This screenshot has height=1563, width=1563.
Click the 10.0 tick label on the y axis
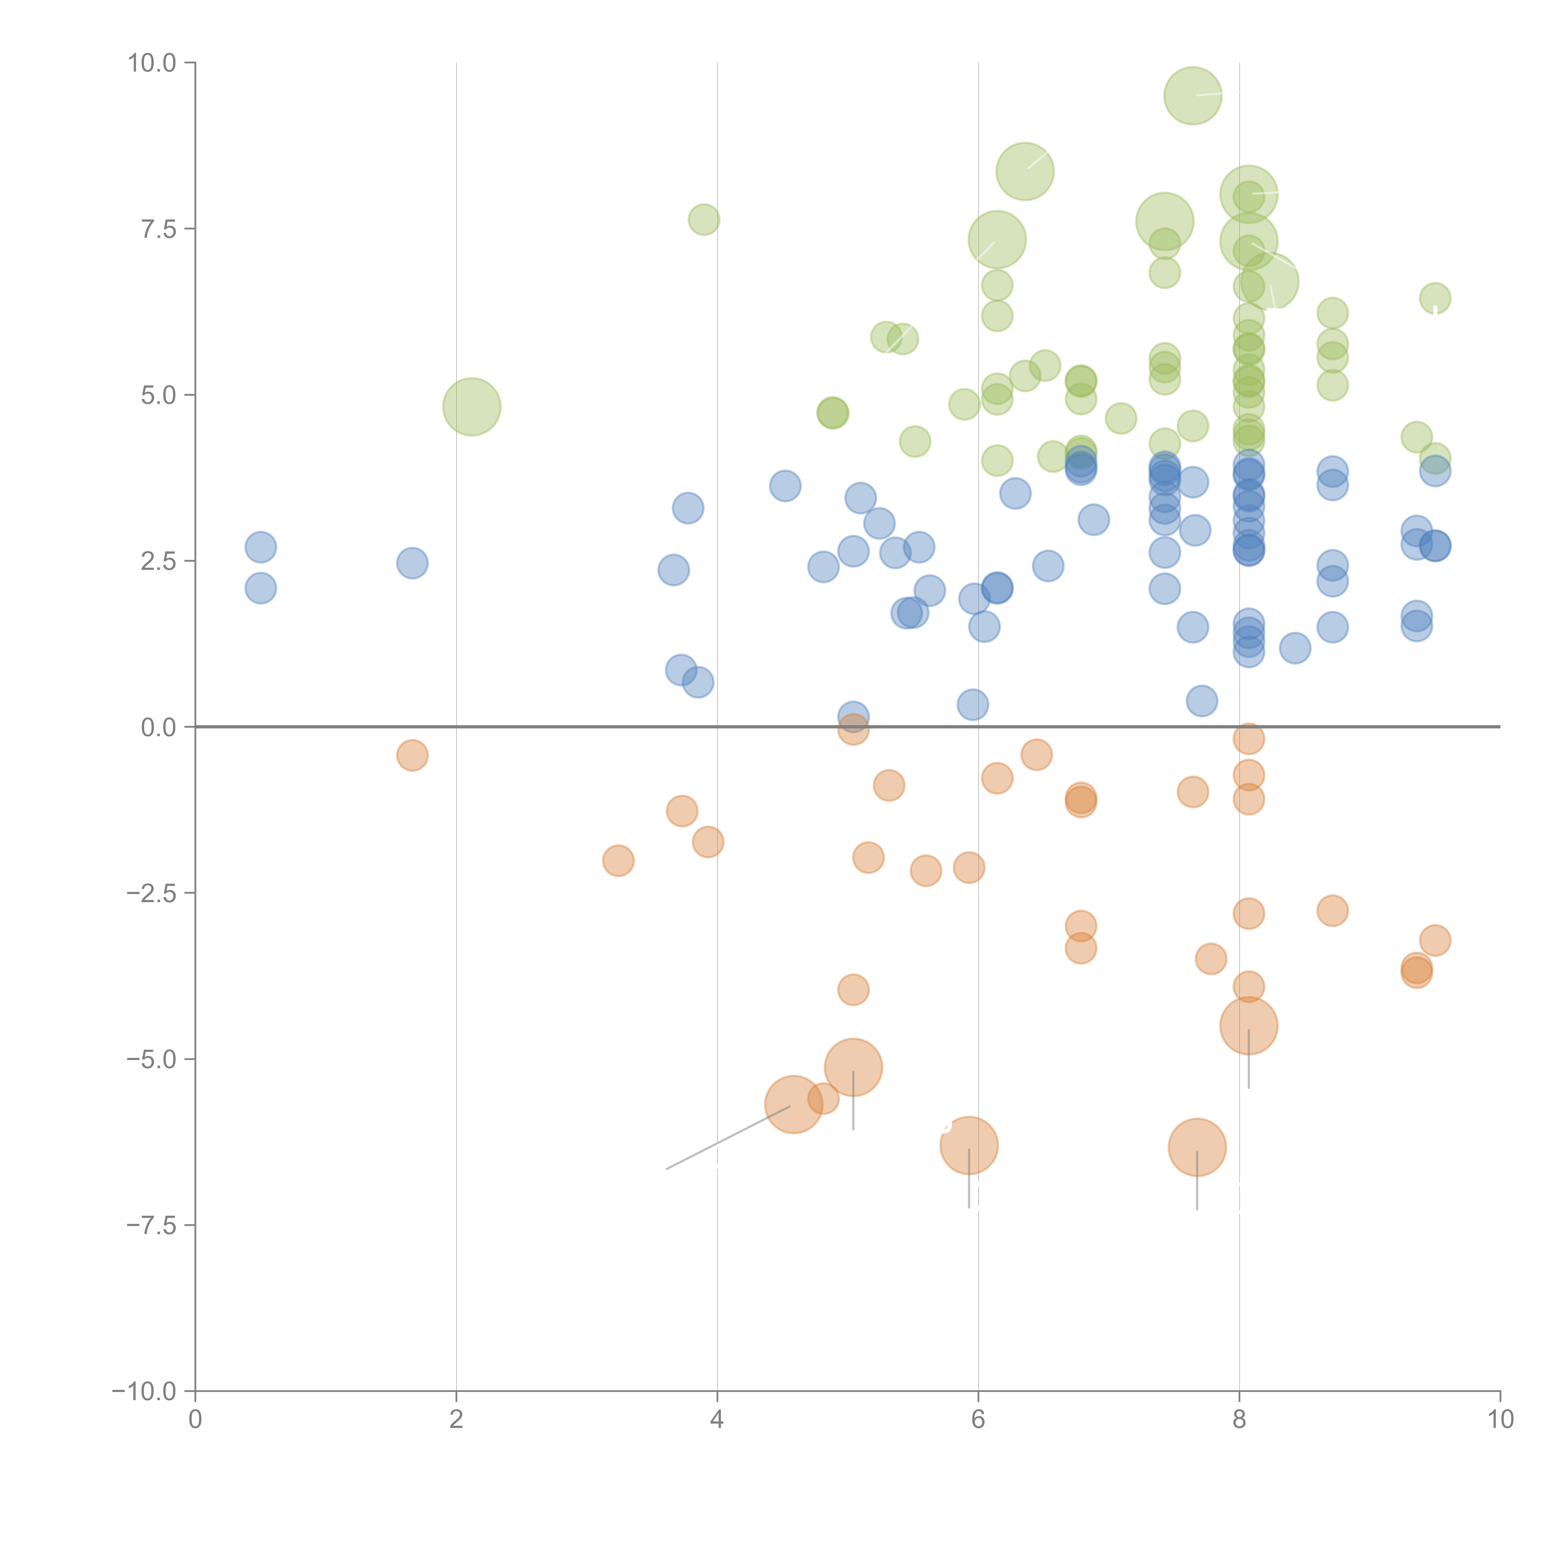click(152, 63)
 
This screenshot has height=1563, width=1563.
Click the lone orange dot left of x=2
click(412, 756)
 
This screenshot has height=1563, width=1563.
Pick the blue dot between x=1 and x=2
click(412, 563)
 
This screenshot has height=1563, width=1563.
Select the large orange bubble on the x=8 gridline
click(1248, 1026)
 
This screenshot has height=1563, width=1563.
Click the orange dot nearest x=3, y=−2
click(618, 861)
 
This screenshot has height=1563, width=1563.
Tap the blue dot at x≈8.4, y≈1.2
click(1294, 648)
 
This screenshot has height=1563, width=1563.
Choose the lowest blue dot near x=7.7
click(1202, 701)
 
